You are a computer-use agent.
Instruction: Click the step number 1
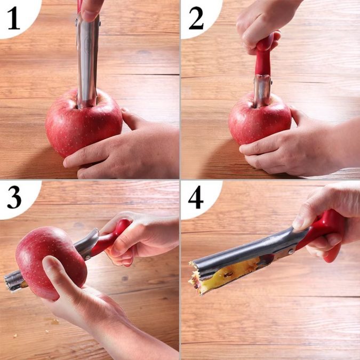point(13,18)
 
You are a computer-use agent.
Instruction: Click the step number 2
point(196,18)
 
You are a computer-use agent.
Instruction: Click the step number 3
point(14,197)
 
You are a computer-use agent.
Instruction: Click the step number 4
point(196,197)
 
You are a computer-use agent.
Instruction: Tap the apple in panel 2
point(259,119)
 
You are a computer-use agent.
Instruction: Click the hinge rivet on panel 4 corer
point(292,252)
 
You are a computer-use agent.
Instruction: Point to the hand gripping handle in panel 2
point(262,25)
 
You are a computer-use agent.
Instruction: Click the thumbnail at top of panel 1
point(90,15)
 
